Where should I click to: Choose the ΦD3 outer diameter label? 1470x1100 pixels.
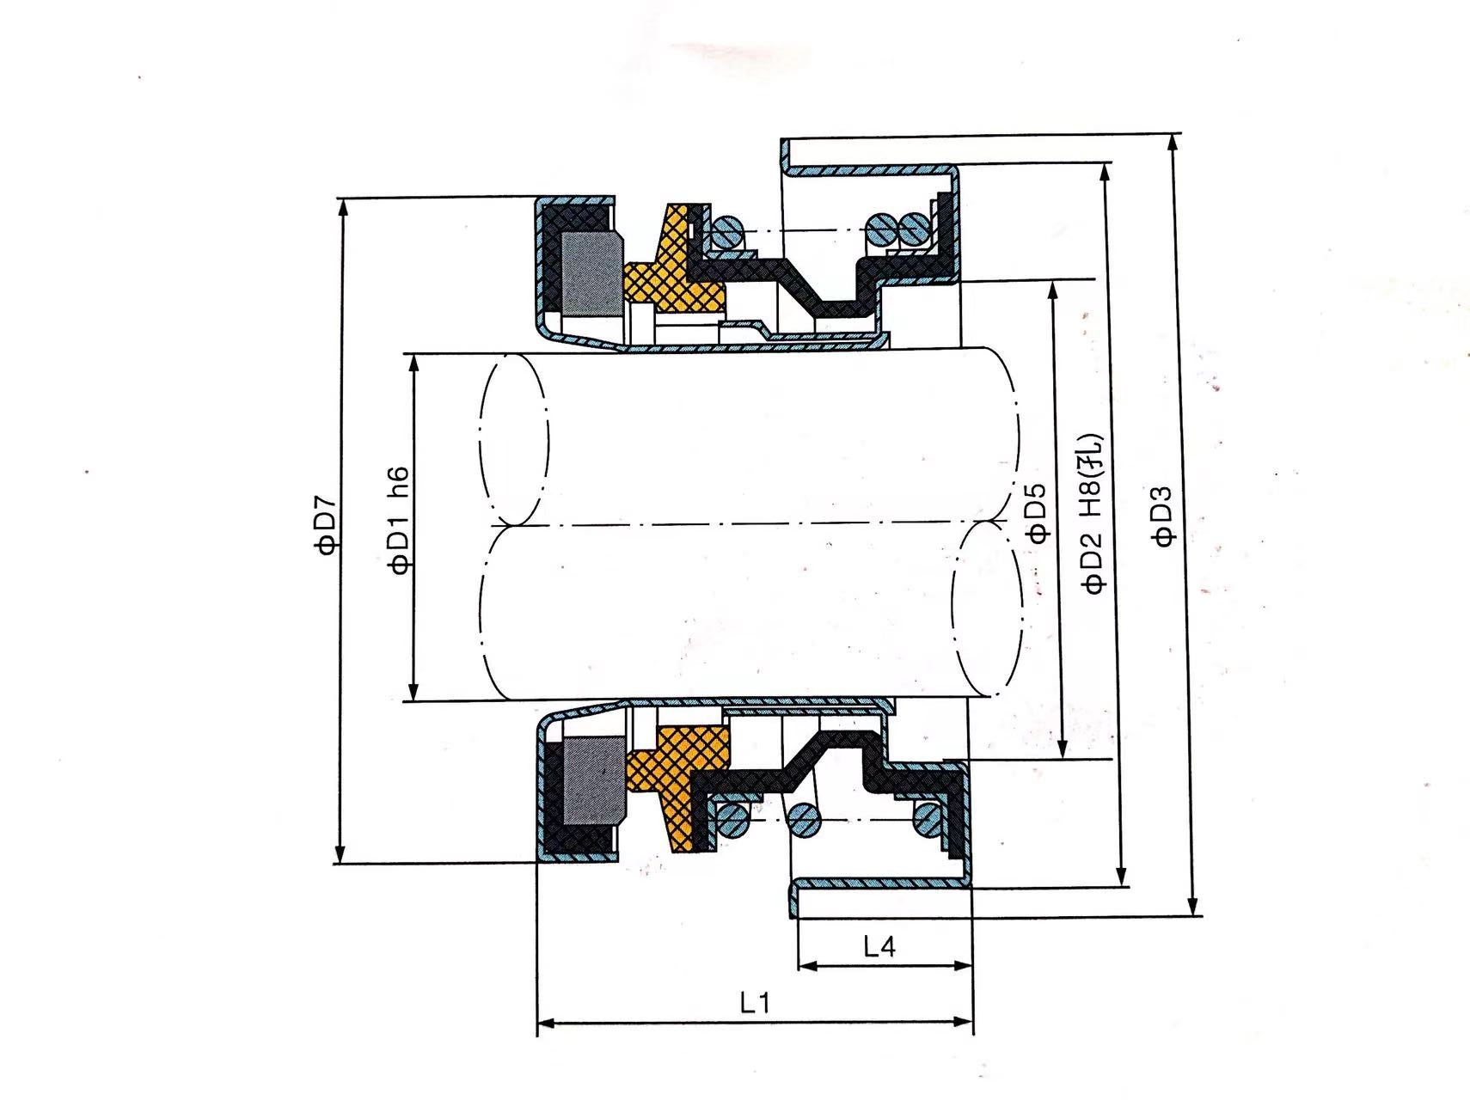1162,516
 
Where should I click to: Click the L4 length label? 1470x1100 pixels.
879,947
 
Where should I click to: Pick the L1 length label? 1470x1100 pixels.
755,1002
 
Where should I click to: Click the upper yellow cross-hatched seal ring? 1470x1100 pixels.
674,262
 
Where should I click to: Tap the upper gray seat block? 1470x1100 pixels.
590,272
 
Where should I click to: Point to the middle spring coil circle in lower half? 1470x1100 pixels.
805,819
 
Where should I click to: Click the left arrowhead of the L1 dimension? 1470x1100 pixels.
545,1022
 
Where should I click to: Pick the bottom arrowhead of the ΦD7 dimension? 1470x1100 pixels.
340,853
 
